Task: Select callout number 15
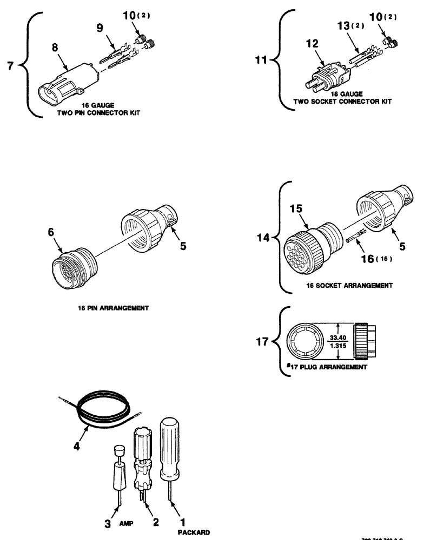[299, 208]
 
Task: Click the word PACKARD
[193, 532]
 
